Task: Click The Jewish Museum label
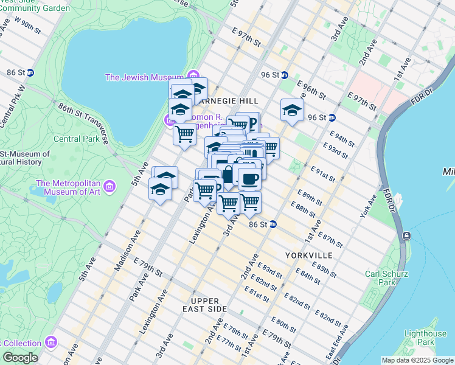click(144, 77)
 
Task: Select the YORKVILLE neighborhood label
click(308, 255)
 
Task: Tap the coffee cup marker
click(249, 178)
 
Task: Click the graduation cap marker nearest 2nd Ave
click(292, 110)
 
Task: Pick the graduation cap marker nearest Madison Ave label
click(159, 190)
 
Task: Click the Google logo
click(20, 358)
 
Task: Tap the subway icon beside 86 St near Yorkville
click(273, 224)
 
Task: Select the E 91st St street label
click(323, 173)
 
